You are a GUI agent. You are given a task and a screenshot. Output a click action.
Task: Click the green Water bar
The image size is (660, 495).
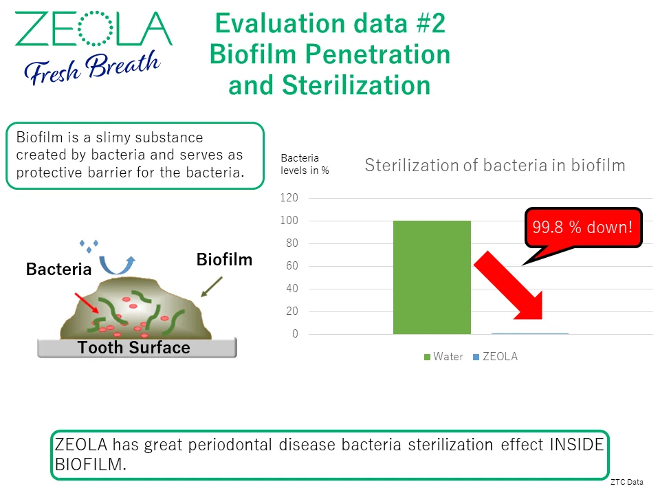tap(432, 277)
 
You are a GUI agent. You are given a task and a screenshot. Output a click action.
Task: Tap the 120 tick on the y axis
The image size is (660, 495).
tap(289, 198)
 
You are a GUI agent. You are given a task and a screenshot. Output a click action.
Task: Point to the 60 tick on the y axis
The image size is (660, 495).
tap(292, 266)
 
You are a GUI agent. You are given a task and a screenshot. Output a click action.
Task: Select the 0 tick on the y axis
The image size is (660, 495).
tap(295, 334)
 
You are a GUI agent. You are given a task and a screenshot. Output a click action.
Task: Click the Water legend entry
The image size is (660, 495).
tap(443, 357)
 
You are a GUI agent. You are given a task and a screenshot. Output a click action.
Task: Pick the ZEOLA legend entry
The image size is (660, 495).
tap(496, 357)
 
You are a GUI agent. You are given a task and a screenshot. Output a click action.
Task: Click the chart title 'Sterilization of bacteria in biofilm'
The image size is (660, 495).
tap(495, 166)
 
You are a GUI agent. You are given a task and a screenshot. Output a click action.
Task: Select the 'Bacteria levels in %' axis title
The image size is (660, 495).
tap(305, 164)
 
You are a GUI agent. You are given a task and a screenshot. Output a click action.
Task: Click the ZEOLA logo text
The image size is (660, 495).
tap(93, 29)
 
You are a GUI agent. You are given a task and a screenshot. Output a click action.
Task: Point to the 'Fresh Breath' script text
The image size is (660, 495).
tap(92, 68)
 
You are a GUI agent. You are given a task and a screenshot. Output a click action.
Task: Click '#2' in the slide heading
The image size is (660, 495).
tap(431, 23)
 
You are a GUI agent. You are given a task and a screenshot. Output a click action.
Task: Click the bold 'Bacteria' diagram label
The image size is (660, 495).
tap(58, 269)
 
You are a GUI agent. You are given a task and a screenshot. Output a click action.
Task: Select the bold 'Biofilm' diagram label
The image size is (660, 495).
tap(224, 260)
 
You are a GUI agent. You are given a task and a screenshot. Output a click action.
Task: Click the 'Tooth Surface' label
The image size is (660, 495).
tap(134, 348)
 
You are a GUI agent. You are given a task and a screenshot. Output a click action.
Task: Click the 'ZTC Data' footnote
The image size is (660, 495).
tap(627, 483)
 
